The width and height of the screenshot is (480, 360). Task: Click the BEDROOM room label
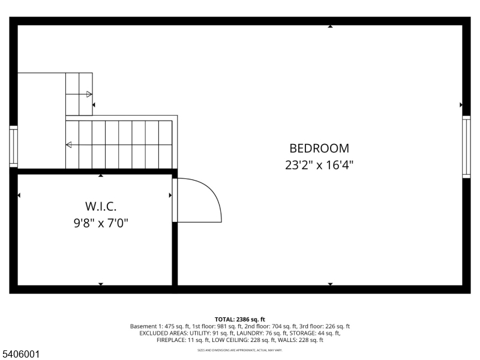click(319, 148)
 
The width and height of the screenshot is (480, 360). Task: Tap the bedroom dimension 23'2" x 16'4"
click(319, 165)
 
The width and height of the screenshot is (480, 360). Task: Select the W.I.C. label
click(100, 206)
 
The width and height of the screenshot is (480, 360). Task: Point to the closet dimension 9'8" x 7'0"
click(100, 223)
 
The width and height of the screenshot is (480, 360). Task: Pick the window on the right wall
click(466, 147)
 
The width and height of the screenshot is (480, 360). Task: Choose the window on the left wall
click(13, 146)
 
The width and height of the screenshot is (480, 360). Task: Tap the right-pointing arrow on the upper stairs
click(89, 94)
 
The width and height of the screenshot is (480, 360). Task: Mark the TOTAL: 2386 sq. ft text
click(240, 319)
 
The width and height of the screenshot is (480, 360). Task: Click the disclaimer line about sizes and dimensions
click(240, 349)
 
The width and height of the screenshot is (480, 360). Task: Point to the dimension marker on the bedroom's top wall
click(330, 26)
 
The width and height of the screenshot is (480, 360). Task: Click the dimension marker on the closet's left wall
click(19, 195)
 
